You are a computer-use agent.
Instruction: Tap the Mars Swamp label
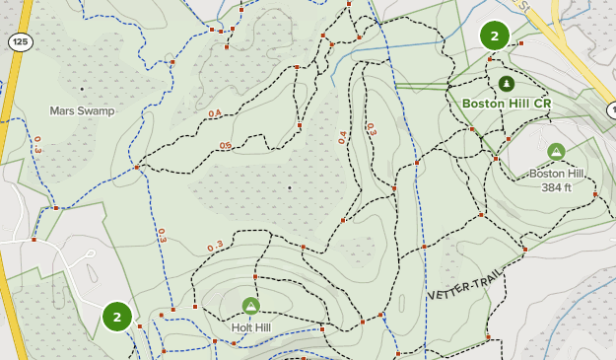pyautogui.click(x=83, y=111)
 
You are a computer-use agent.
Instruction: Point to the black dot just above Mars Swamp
pyautogui.click(x=82, y=90)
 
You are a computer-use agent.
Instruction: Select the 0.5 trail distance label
pyautogui.click(x=226, y=146)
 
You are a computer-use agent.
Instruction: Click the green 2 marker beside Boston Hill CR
pyautogui.click(x=494, y=36)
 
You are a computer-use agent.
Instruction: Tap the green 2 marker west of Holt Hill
pyautogui.click(x=116, y=317)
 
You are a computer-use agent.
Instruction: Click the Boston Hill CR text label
pyautogui.click(x=507, y=103)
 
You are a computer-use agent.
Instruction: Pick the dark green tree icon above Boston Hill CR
pyautogui.click(x=507, y=83)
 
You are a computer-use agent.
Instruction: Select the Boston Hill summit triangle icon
pyautogui.click(x=556, y=151)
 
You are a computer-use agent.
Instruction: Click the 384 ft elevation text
pyautogui.click(x=557, y=187)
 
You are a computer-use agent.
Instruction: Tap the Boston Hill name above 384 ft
pyautogui.click(x=557, y=174)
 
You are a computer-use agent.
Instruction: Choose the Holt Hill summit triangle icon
pyautogui.click(x=250, y=306)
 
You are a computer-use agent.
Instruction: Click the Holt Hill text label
pyautogui.click(x=250, y=326)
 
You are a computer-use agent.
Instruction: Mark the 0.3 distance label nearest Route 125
pyautogui.click(x=37, y=144)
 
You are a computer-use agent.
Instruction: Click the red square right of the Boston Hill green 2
pyautogui.click(x=521, y=43)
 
